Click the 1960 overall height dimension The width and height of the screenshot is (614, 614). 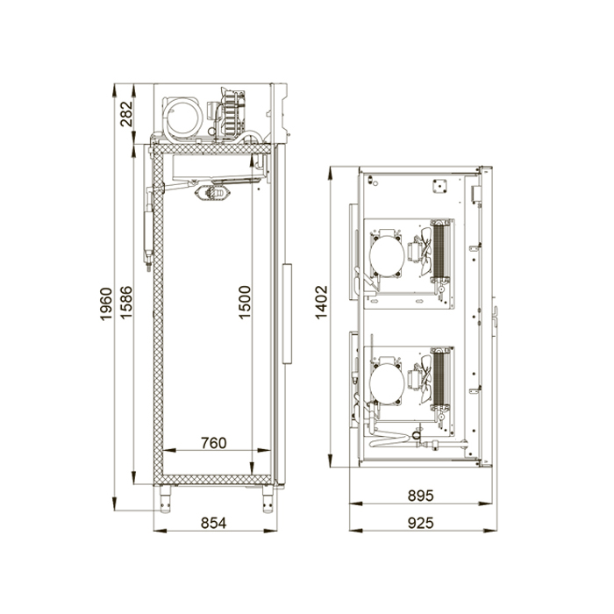(106, 304)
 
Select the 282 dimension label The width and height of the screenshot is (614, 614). (126, 113)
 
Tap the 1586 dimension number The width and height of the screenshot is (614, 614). (126, 303)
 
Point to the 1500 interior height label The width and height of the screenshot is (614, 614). (245, 303)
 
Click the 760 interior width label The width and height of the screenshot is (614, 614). (214, 443)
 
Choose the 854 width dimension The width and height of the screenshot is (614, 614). (214, 523)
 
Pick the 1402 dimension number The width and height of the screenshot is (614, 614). (322, 303)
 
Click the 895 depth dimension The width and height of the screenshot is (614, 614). (421, 496)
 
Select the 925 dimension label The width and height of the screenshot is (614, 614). (421, 523)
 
